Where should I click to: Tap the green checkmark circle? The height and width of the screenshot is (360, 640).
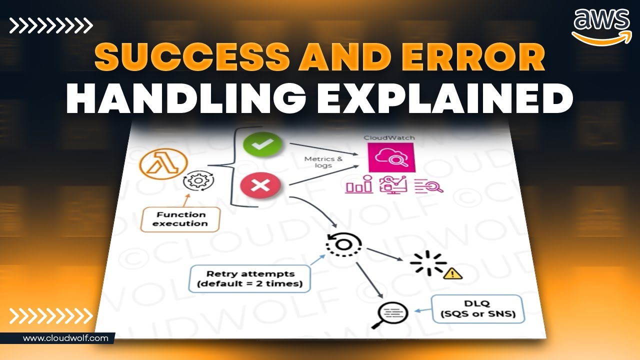click(262, 144)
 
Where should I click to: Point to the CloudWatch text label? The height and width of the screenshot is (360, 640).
click(389, 137)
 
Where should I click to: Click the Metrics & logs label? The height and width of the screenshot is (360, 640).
click(323, 162)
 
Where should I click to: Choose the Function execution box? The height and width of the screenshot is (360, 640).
click(180, 219)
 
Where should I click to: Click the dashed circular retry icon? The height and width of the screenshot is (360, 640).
click(342, 244)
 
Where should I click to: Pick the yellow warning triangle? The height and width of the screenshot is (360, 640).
click(453, 273)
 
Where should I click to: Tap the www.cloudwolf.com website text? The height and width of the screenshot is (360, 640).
click(65, 338)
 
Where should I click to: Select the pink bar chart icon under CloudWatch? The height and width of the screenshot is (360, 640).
click(359, 185)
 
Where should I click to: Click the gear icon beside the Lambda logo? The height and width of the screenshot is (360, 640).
click(194, 181)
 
